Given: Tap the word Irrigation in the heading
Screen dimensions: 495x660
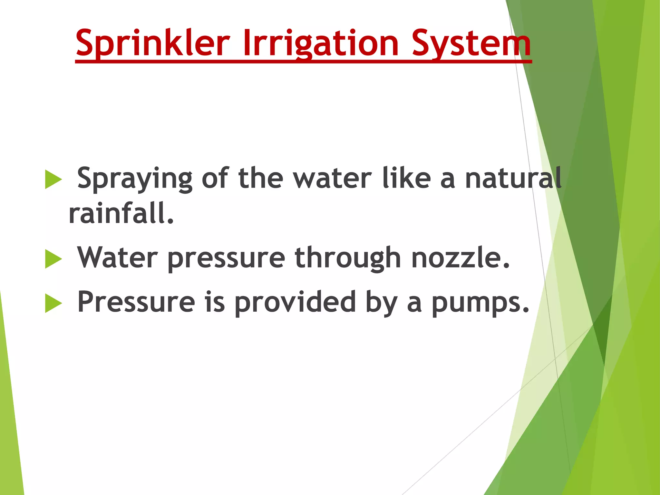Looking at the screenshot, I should [x=321, y=43].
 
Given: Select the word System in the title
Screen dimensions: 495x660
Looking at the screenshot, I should [x=471, y=43].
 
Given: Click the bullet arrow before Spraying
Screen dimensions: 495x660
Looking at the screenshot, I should [x=53, y=179].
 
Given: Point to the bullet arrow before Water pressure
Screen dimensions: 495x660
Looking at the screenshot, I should [x=53, y=259].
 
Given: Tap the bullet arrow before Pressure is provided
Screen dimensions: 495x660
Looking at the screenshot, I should [x=53, y=303].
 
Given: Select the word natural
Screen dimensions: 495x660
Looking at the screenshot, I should [x=513, y=178].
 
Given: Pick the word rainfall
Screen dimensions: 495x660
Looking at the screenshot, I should [x=121, y=213].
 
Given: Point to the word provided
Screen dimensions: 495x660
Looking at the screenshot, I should [x=295, y=302].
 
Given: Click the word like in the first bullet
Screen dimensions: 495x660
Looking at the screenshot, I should [x=406, y=178].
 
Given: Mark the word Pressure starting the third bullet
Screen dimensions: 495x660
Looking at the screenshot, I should [x=136, y=302].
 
